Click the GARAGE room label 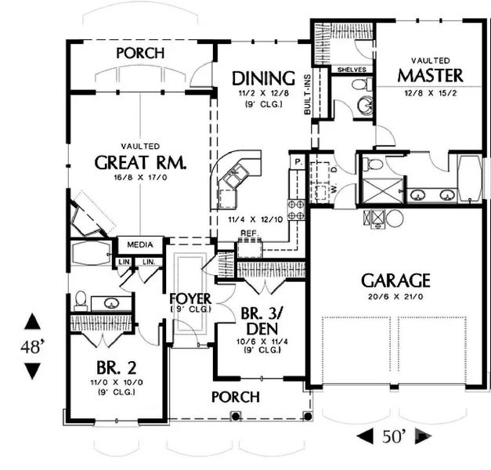395,280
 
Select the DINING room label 263,78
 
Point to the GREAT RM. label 141,162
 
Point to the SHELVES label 352,69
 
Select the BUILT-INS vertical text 309,95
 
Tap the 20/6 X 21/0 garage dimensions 395,298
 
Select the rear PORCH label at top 140,53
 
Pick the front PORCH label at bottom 236,397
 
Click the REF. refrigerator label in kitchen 249,233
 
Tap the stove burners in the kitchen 297,209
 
